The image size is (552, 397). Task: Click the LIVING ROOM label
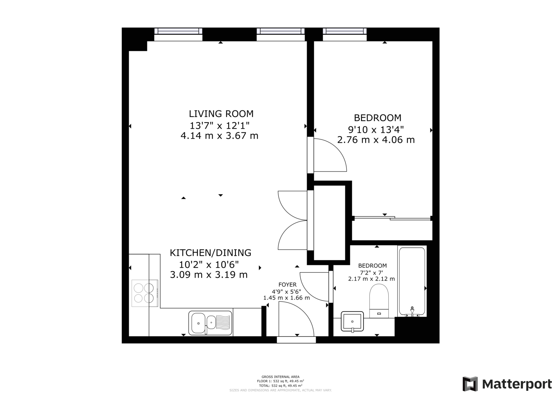pos(221,114)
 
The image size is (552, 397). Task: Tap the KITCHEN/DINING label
pos(210,253)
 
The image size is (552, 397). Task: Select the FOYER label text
pos(287,285)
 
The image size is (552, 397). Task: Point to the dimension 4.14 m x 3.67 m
pos(219,136)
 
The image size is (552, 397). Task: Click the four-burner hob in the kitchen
pos(144,293)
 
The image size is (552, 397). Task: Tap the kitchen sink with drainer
pos(210,323)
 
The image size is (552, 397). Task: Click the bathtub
pos(412,281)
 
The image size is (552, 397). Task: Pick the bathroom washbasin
pos(352,321)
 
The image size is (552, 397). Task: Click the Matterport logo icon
pos(470,384)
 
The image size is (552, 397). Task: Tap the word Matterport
pos(516,384)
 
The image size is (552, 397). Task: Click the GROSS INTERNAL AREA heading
pos(280,377)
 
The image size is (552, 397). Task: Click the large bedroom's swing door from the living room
pos(329,156)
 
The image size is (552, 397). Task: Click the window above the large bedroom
pos(344,32)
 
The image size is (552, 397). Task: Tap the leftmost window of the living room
pos(178,32)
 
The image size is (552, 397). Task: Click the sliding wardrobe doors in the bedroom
pos(392,218)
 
